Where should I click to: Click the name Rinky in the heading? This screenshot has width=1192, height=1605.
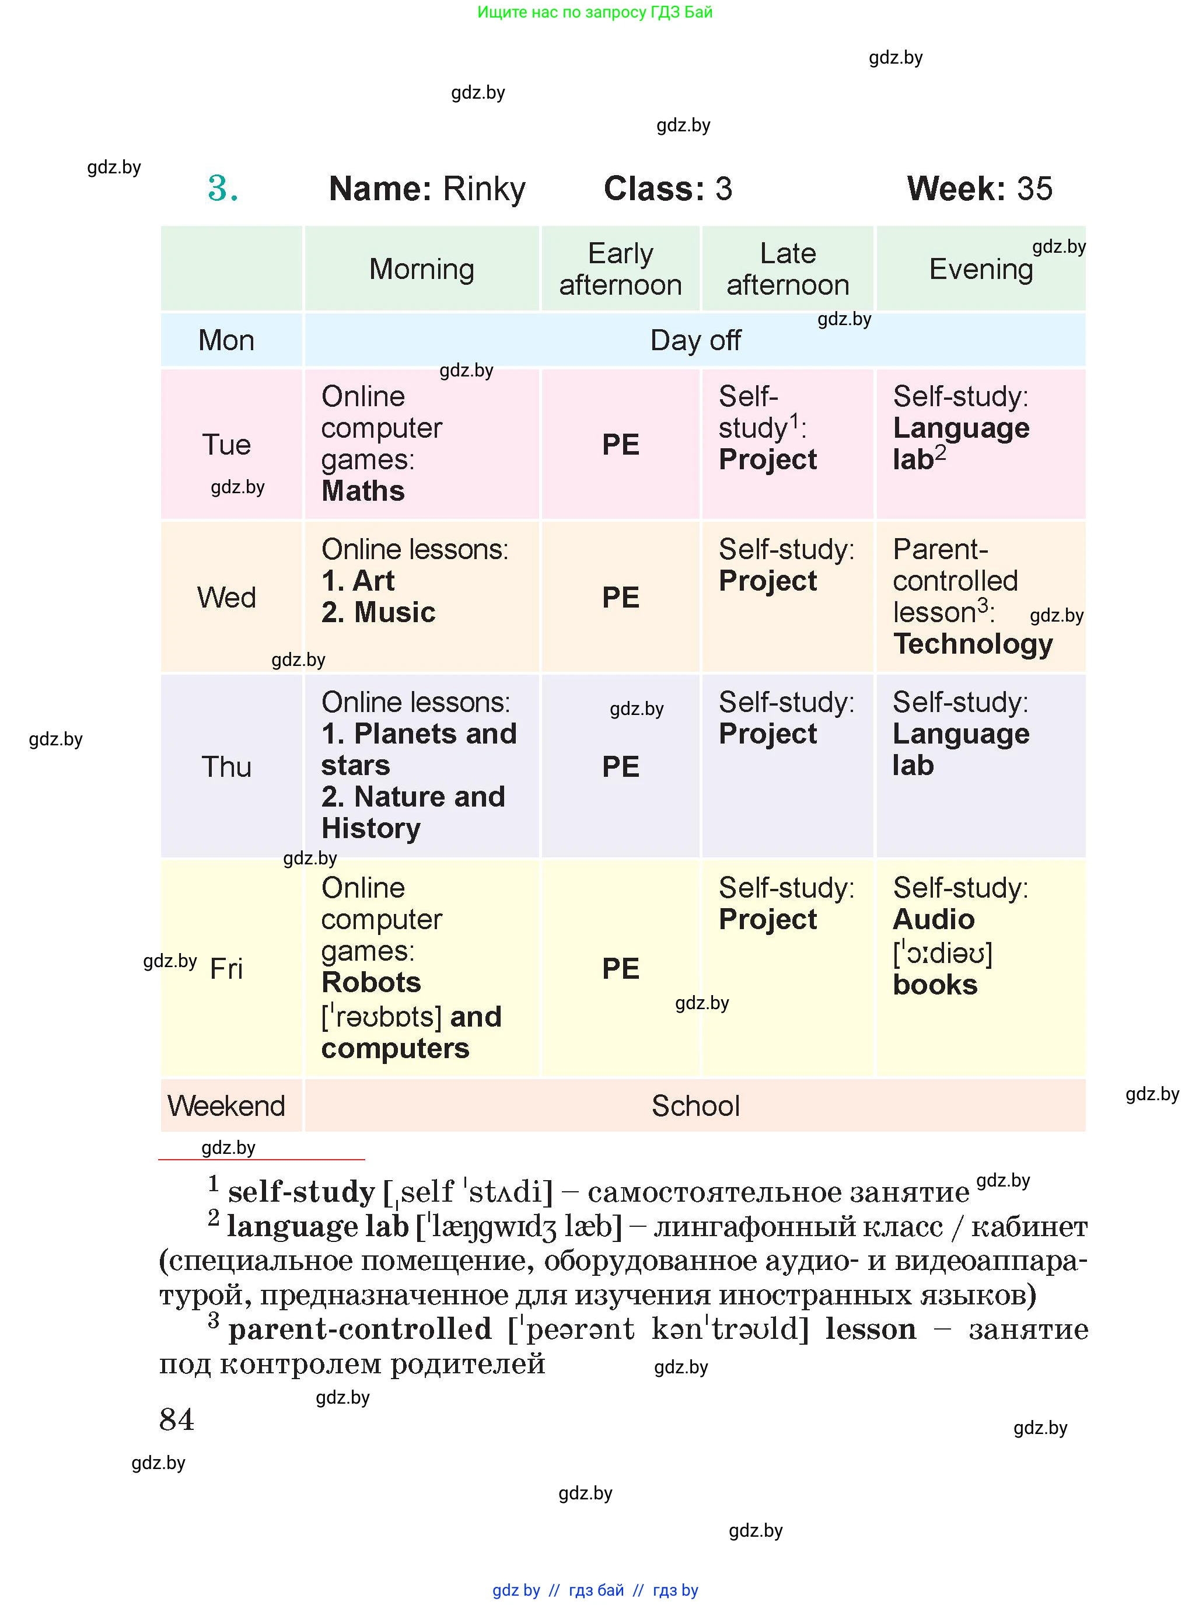click(484, 189)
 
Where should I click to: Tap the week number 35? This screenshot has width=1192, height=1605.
click(1034, 189)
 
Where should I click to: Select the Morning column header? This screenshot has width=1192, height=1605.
click(421, 269)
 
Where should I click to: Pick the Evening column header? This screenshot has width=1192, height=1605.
click(981, 269)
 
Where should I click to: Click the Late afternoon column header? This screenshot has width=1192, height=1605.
click(787, 269)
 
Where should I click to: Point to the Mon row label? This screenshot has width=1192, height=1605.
click(226, 340)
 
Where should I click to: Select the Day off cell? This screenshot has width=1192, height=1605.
click(695, 340)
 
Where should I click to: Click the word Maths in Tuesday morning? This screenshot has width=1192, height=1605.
click(363, 491)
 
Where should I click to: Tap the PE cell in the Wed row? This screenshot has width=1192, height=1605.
click(621, 598)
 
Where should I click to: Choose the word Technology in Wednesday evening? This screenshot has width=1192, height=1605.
click(973, 644)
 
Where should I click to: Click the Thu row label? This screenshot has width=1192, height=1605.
click(226, 766)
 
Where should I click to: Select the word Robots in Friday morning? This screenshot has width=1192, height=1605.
click(371, 982)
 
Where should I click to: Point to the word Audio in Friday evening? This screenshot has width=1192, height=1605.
click(934, 919)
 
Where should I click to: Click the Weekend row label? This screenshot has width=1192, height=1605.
click(226, 1105)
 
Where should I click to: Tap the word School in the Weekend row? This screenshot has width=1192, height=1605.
click(695, 1105)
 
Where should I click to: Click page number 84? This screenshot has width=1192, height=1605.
click(177, 1419)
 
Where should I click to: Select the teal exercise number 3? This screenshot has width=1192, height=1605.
click(222, 189)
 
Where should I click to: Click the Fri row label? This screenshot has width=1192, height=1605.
click(226, 968)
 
